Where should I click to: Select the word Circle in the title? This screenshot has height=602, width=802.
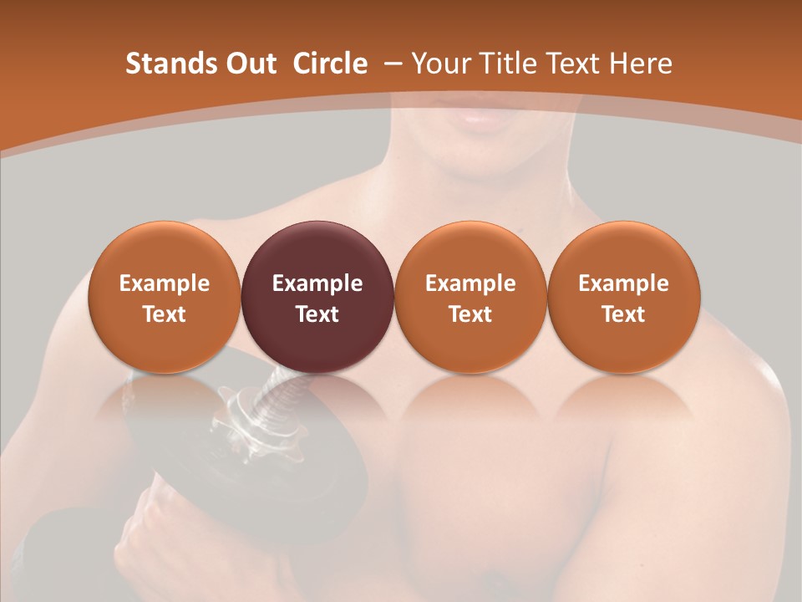pyautogui.click(x=330, y=63)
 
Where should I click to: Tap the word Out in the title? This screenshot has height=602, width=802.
pyautogui.click(x=248, y=63)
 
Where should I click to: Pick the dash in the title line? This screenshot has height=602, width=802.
pyautogui.click(x=393, y=63)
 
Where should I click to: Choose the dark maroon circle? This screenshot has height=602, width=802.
pyautogui.click(x=317, y=297)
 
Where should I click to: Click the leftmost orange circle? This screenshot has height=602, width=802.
pyautogui.click(x=164, y=297)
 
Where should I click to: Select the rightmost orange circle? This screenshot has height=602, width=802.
pyautogui.click(x=623, y=297)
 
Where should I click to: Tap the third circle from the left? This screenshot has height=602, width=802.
pyautogui.click(x=470, y=297)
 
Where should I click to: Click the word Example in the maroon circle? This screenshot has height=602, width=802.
pyautogui.click(x=317, y=283)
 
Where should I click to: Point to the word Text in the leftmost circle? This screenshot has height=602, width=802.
pyautogui.click(x=164, y=314)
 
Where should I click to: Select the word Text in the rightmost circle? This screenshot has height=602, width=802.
pyautogui.click(x=623, y=314)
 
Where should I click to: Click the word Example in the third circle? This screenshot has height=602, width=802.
pyautogui.click(x=470, y=283)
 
